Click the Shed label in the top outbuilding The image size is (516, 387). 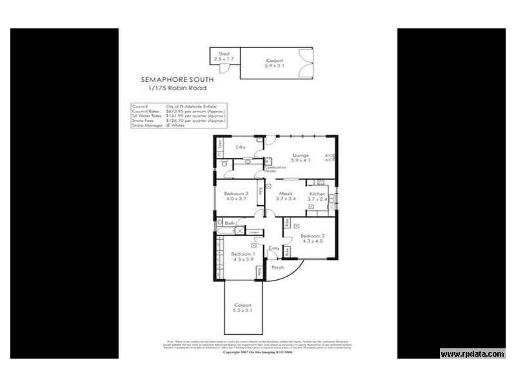(x=223, y=54)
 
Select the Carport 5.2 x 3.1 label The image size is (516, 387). (x=243, y=307)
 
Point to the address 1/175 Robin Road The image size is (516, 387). (x=177, y=88)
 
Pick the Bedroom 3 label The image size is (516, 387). (x=236, y=195)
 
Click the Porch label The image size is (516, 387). (x=277, y=267)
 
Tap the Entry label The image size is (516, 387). (x=273, y=248)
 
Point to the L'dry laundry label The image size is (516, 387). (x=241, y=148)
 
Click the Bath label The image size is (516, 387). (x=230, y=223)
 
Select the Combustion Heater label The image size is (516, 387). (x=275, y=169)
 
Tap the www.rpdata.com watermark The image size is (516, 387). (x=472, y=353)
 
